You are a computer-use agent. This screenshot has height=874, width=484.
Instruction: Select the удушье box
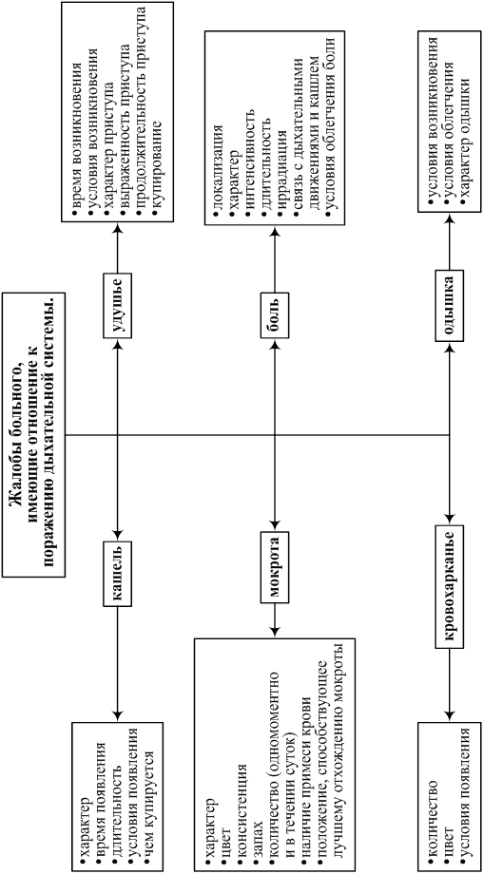click(x=117, y=306)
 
